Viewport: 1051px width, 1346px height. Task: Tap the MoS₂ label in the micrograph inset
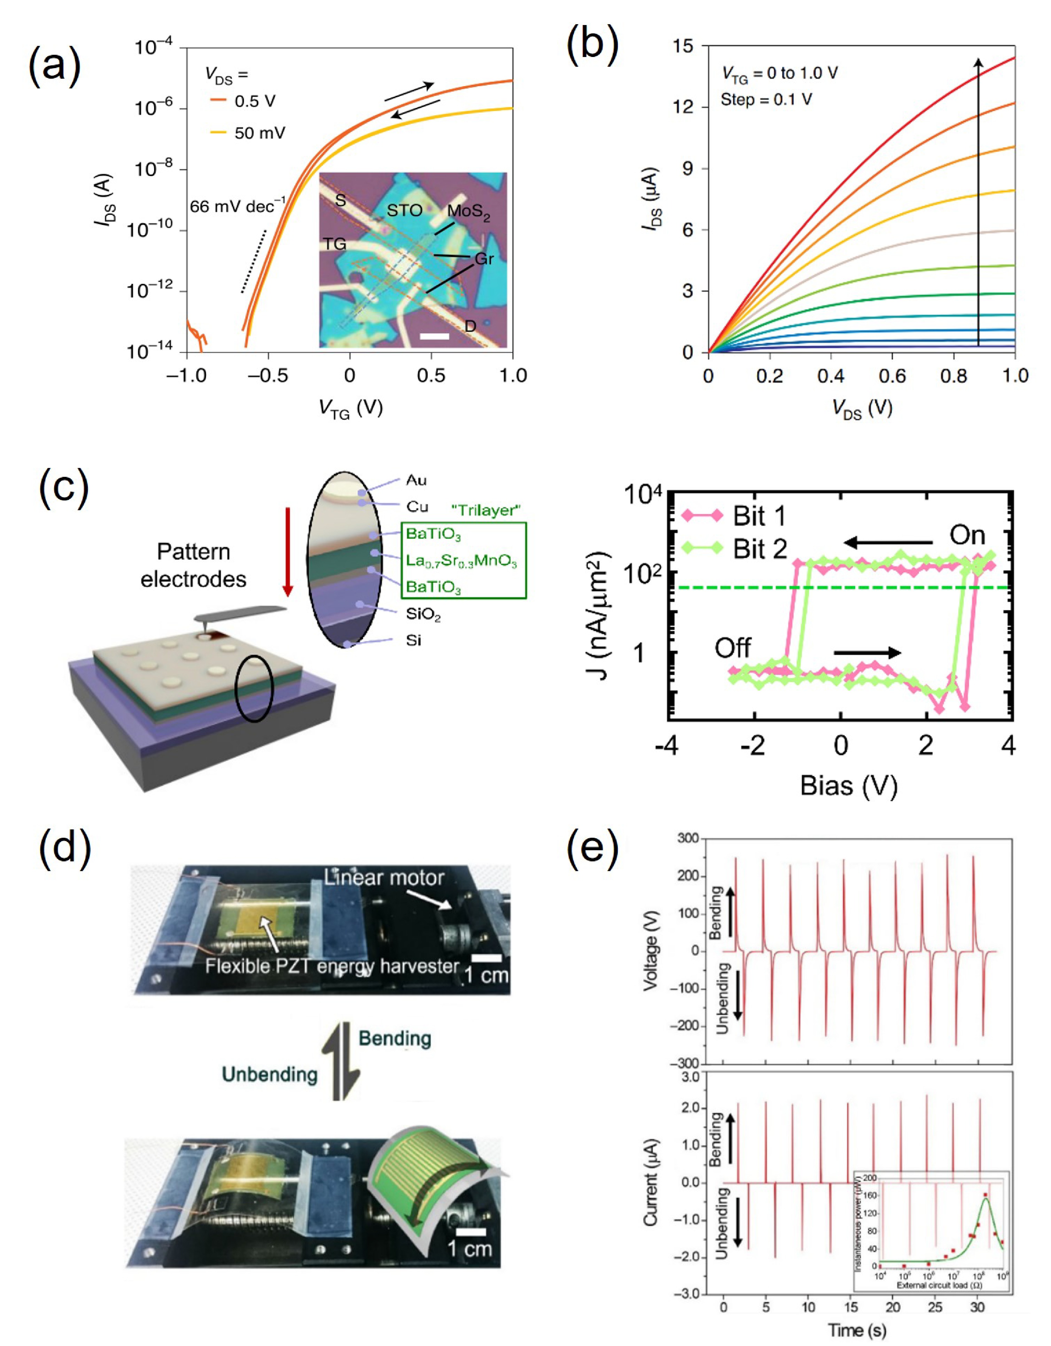click(469, 211)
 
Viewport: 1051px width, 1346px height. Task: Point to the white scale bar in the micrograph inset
click(435, 336)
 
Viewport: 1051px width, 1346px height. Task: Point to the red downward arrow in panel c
click(287, 552)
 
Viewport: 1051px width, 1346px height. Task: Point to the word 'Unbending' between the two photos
click(269, 1074)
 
